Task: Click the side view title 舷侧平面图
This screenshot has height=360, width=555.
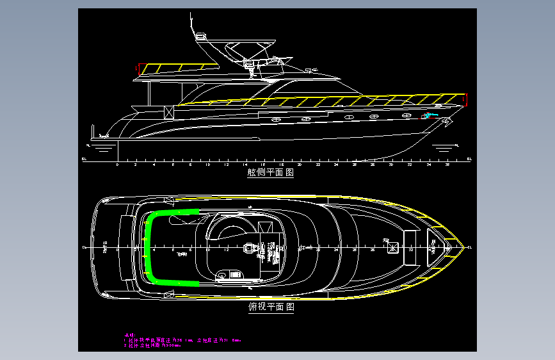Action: coord(270,173)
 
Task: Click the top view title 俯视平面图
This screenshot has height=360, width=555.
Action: coord(270,307)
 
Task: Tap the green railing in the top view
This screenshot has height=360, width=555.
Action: coord(149,247)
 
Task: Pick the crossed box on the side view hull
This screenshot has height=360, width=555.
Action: coord(169,111)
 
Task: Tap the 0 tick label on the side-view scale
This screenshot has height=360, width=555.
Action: coord(117,165)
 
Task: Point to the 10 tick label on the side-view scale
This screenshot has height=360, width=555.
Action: coord(208,165)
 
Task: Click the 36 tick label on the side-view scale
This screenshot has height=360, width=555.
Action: coord(446,165)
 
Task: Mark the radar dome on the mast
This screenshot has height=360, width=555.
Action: coord(201,37)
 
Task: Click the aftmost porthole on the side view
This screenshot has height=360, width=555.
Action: coord(277,120)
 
